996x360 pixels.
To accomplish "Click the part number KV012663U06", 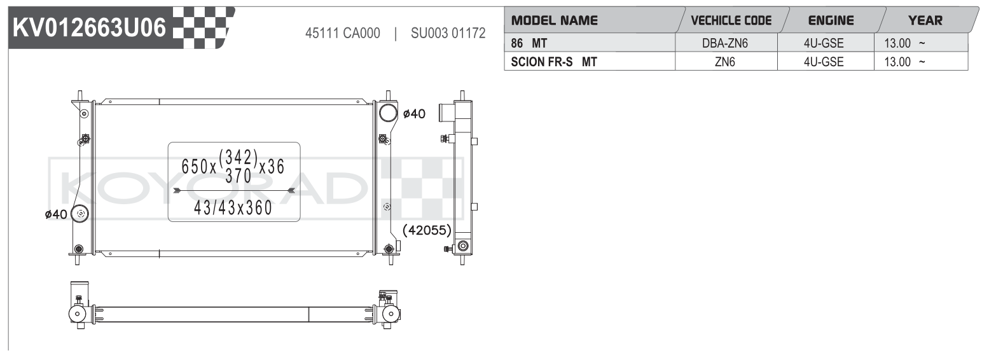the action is click(x=89, y=27).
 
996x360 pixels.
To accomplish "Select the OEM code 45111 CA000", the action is click(x=342, y=33).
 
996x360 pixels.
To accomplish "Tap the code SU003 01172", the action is click(x=448, y=33).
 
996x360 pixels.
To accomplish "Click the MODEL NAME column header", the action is click(x=555, y=20).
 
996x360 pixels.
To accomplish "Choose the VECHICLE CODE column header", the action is click(x=731, y=20).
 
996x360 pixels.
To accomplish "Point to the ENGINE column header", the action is click(x=831, y=20).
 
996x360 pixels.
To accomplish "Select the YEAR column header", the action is click(x=925, y=20).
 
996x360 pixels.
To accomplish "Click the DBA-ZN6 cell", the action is click(x=725, y=43).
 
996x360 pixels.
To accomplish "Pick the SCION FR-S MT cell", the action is click(x=553, y=62).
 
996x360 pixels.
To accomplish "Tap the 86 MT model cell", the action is click(x=529, y=43).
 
